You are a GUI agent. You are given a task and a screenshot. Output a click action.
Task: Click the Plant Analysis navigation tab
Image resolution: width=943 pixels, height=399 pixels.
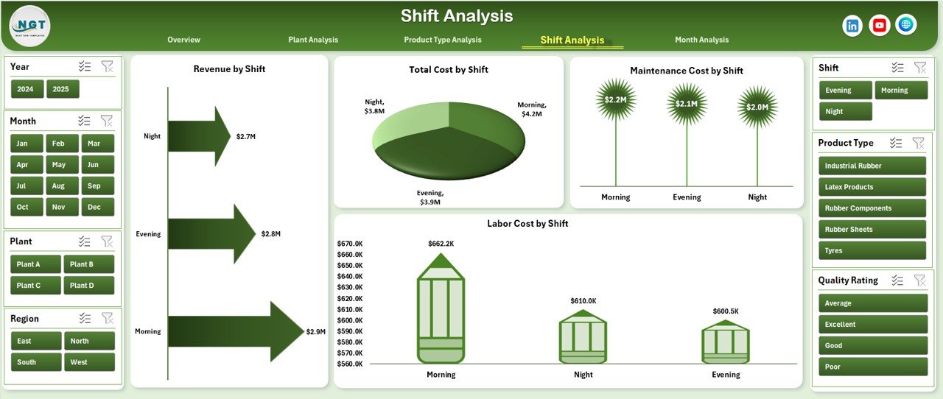313,40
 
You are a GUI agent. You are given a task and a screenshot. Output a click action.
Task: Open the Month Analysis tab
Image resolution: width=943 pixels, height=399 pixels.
701,40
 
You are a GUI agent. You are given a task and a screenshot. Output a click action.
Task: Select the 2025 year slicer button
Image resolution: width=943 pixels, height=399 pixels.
62,89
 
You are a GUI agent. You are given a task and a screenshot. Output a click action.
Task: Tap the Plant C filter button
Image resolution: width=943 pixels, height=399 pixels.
29,286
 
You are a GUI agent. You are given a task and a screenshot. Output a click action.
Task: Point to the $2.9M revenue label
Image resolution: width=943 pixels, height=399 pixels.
315,332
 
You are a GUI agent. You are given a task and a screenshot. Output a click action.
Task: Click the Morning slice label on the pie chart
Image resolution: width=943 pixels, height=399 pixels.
530,110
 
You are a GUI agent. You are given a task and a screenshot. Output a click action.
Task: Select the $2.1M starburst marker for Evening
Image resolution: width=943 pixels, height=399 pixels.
687,104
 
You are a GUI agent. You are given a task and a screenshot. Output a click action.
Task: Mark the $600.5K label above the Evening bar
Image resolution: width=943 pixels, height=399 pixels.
725,311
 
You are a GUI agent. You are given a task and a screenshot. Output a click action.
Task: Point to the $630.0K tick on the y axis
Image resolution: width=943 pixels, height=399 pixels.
349,288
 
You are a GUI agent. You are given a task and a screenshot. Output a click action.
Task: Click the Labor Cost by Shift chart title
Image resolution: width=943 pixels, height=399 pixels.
527,224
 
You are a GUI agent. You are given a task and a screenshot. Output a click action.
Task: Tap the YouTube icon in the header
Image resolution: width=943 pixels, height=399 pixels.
879,26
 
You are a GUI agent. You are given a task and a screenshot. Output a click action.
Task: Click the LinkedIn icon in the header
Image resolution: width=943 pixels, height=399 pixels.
852,26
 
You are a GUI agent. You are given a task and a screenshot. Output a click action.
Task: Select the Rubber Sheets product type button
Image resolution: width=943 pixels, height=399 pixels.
872,230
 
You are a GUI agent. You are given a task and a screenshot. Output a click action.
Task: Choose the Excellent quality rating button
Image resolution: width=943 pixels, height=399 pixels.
872,325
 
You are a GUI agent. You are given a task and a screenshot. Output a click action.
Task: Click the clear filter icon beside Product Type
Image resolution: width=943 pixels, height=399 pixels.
919,143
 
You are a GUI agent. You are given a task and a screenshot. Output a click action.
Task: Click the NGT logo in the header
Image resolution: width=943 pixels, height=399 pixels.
29,26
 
